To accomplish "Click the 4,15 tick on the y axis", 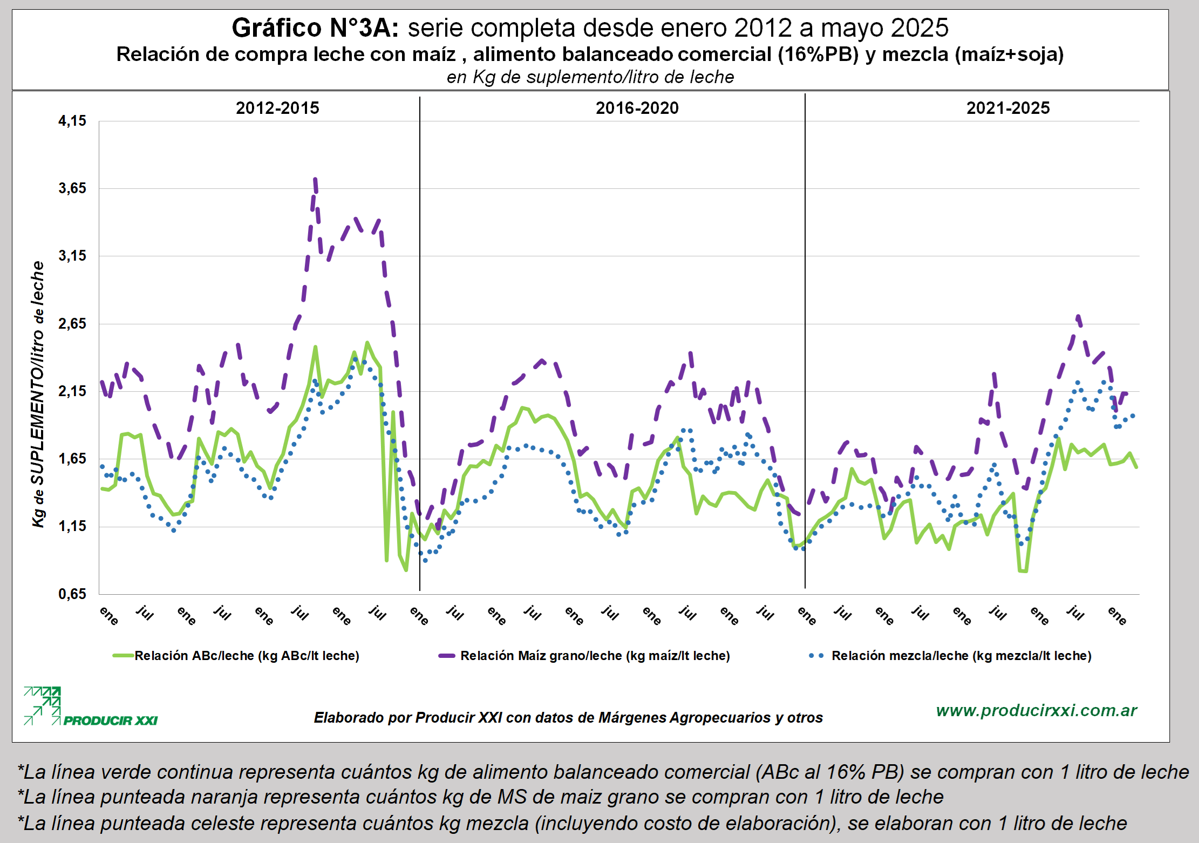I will click(x=72, y=121).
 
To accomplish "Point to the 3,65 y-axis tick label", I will click(x=72, y=188).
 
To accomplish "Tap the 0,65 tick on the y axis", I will click(x=72, y=594).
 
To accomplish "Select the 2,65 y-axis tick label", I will click(x=72, y=324).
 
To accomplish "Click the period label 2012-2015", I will click(x=277, y=108).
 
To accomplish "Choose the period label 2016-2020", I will click(x=637, y=108).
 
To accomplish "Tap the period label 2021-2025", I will click(x=1007, y=108).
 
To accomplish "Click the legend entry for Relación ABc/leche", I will click(x=246, y=656).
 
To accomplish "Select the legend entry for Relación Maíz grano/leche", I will click(x=594, y=656).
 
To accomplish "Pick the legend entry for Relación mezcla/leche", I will click(x=960, y=656).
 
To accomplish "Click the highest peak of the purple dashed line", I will click(x=315, y=180).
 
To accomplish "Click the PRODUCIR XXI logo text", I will click(x=110, y=720).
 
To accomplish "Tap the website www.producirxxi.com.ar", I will click(x=1036, y=710).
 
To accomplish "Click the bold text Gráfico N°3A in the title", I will click(x=315, y=28).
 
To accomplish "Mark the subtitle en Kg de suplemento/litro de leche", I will click(x=590, y=77).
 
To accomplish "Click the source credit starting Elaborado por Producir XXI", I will click(x=568, y=718).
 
